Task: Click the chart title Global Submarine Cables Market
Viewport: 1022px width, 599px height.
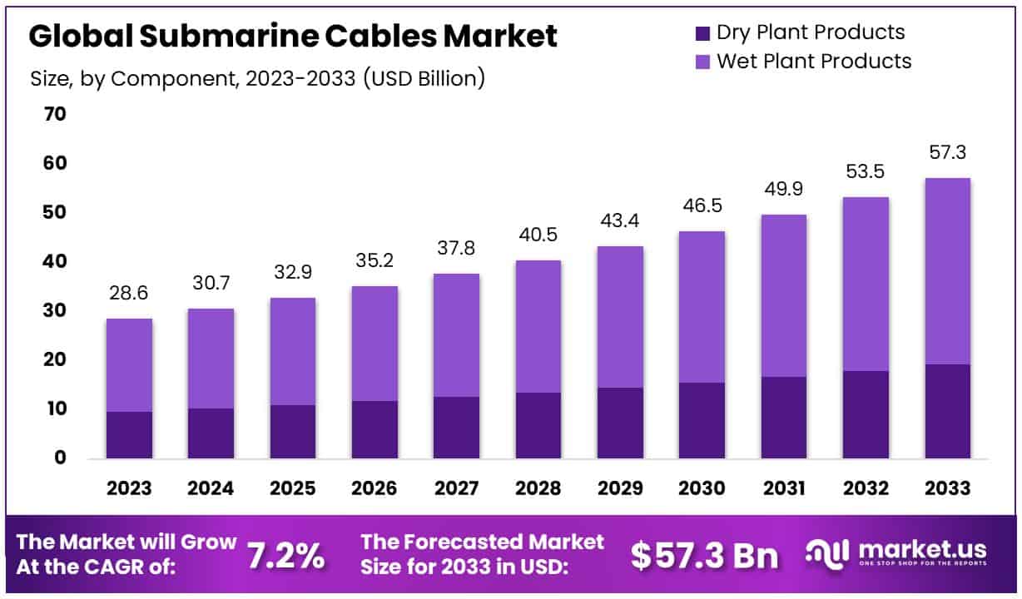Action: [293, 36]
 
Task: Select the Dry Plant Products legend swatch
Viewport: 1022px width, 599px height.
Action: [702, 33]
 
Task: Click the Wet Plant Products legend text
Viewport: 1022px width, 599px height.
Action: [813, 61]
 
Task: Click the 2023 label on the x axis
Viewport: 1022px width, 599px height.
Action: [129, 488]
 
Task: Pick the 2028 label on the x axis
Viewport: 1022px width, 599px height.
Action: [538, 488]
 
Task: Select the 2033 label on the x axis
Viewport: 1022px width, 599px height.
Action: [947, 488]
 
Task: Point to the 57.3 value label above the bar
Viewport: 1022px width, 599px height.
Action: [947, 153]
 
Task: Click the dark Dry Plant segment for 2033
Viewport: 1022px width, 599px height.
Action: [947, 411]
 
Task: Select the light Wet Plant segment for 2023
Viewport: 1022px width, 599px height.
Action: [129, 364]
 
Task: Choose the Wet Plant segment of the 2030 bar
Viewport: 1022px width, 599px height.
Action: [702, 306]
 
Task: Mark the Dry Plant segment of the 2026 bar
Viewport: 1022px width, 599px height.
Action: [375, 429]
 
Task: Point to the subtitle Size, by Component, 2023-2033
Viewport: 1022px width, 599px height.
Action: [257, 79]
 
